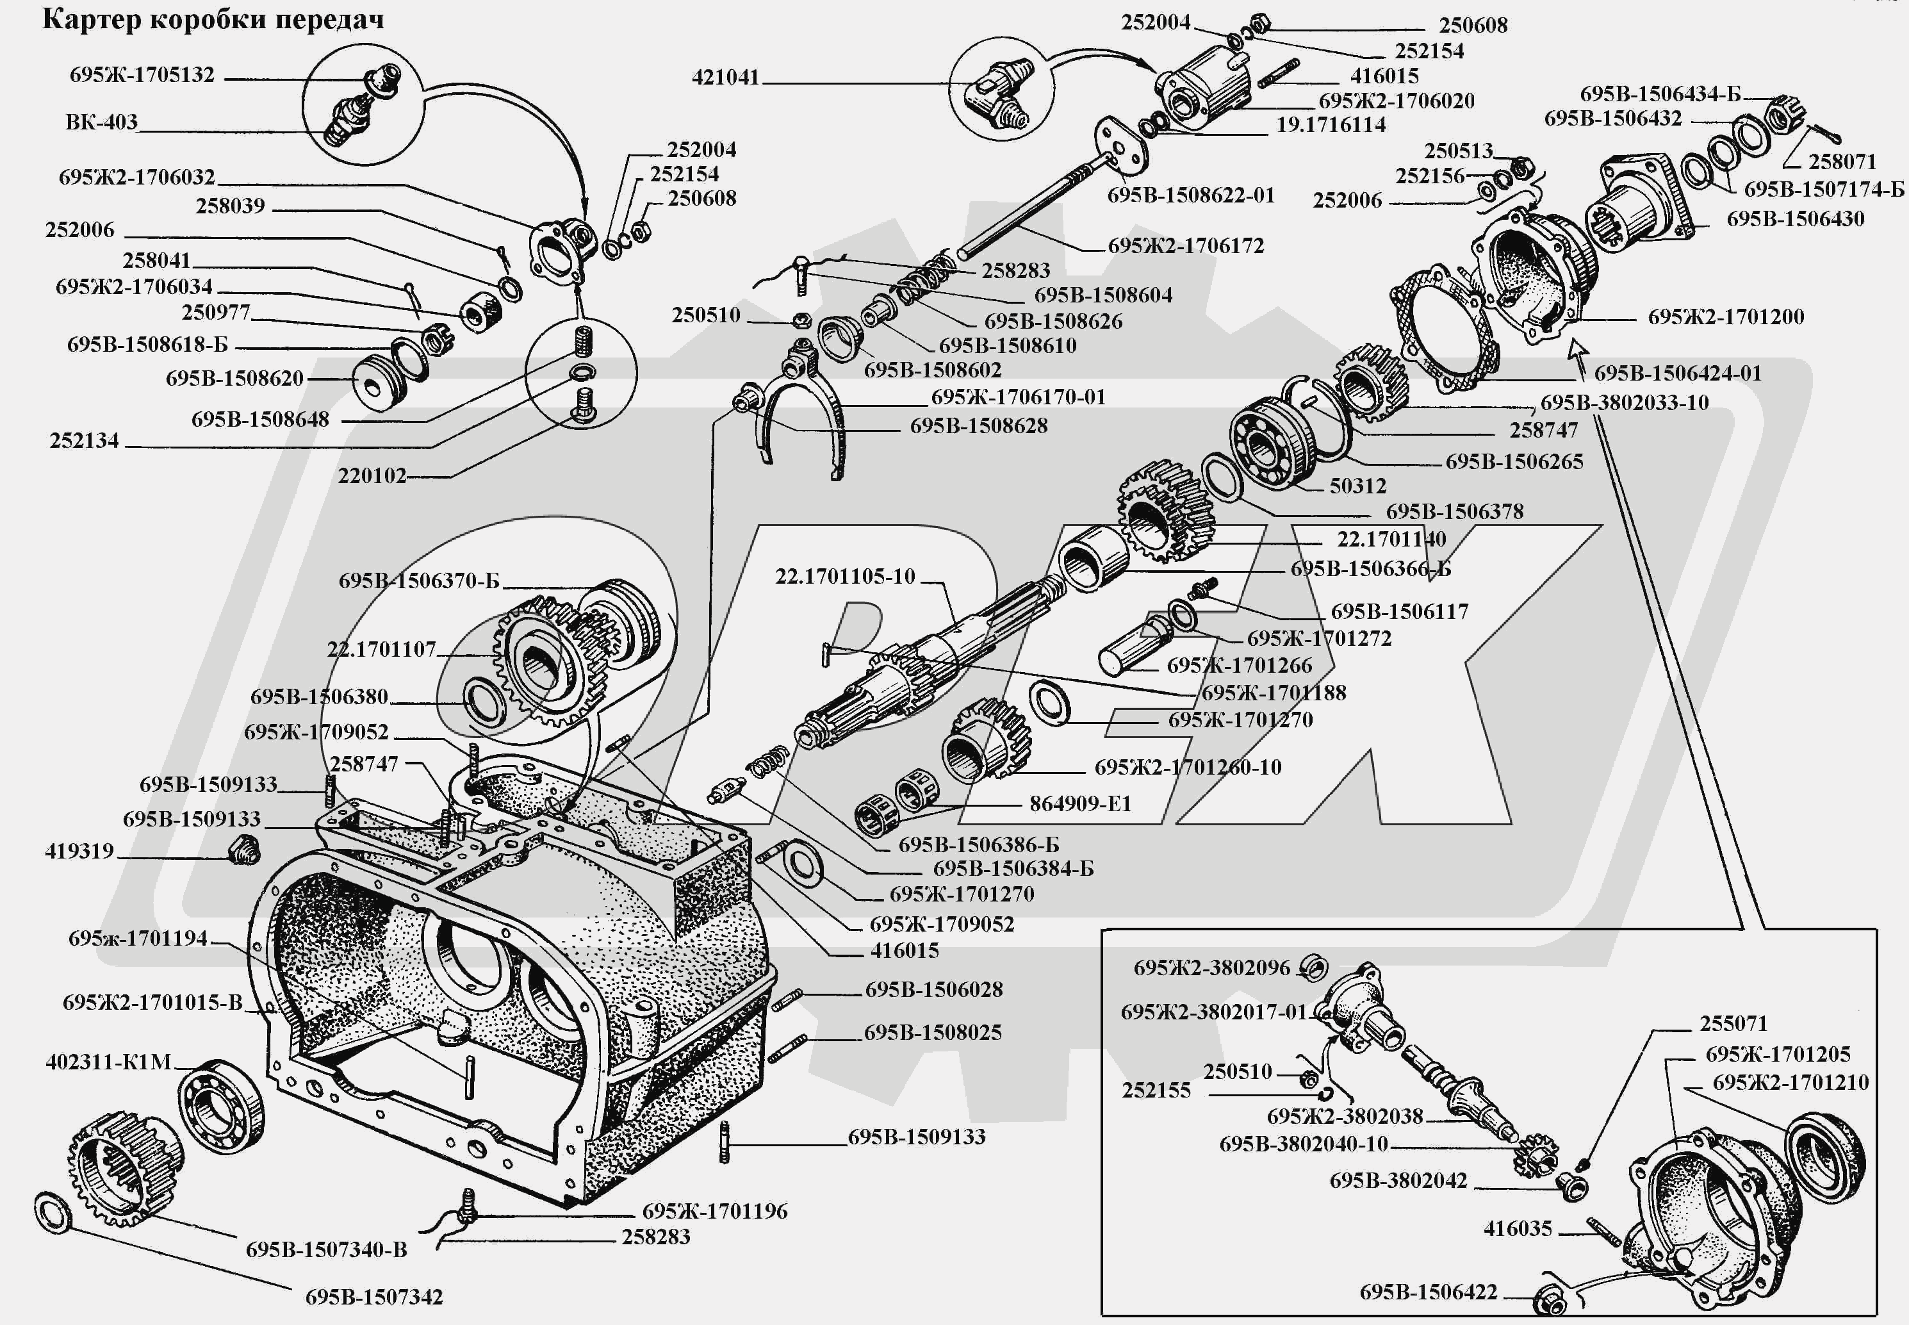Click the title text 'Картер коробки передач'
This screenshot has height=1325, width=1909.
click(x=213, y=20)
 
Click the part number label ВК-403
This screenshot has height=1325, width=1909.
click(x=101, y=122)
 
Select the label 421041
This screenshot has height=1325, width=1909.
click(x=725, y=78)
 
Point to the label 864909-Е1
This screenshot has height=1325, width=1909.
click(x=1080, y=803)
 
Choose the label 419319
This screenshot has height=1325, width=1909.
click(x=79, y=851)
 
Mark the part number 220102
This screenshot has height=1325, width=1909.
click(x=372, y=475)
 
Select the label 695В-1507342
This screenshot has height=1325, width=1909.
click(x=373, y=1297)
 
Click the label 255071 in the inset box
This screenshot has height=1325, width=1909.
click(x=1733, y=1023)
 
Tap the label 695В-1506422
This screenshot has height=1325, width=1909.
click(x=1428, y=1292)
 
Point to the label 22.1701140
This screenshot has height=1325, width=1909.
click(x=1391, y=539)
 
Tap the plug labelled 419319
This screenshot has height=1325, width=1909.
click(x=244, y=850)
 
